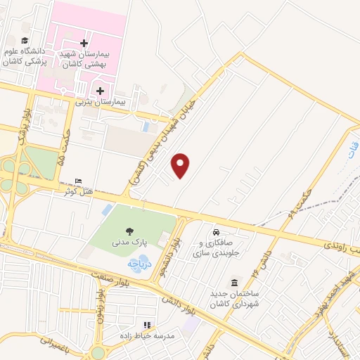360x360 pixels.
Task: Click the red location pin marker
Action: point(181,165)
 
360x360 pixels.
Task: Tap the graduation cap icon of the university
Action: point(25,41)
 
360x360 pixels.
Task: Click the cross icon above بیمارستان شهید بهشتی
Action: point(84,43)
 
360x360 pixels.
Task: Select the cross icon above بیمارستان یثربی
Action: point(101,91)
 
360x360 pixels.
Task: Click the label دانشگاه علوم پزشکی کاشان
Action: point(27,56)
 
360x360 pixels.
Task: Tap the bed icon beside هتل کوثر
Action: point(78,182)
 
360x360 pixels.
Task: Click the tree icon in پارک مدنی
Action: point(129,230)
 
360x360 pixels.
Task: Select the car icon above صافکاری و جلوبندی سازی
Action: point(216,232)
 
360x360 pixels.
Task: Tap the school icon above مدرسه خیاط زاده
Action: point(147,325)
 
